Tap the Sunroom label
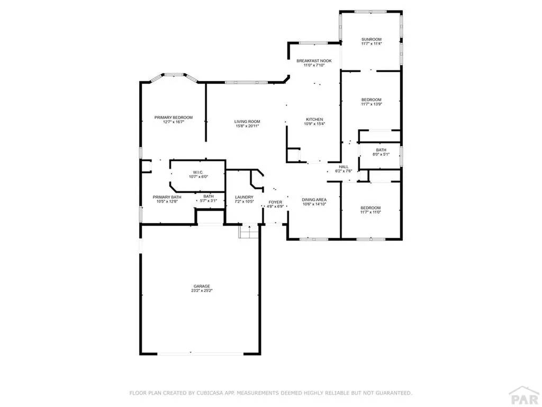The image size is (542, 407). pyautogui.click(x=372, y=39)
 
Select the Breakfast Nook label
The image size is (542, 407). pyautogui.click(x=314, y=61)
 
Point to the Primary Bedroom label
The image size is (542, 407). pyautogui.click(x=173, y=117)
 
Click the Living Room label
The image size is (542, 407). pyautogui.click(x=247, y=121)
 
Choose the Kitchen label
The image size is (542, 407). pyautogui.click(x=314, y=119)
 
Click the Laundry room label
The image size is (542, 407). pyautogui.click(x=244, y=197)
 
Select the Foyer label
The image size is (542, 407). pyautogui.click(x=275, y=202)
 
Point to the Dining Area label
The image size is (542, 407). pyautogui.click(x=314, y=199)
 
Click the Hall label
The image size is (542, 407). pyautogui.click(x=344, y=166)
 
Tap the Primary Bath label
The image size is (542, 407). pyautogui.click(x=165, y=197)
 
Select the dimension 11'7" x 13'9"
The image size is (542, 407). pyautogui.click(x=372, y=104)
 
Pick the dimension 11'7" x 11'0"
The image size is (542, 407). pyautogui.click(x=371, y=212)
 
